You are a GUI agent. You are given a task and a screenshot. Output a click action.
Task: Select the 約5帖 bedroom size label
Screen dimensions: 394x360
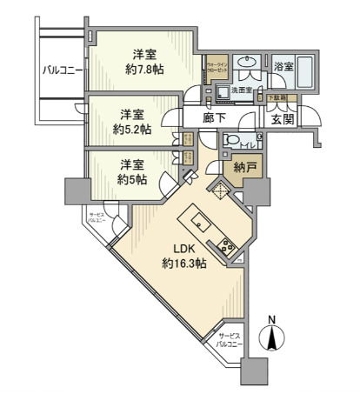(132, 178)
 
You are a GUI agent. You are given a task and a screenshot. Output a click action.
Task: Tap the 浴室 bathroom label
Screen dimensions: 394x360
(283, 66)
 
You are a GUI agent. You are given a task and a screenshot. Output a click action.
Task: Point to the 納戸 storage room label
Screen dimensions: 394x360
(245, 168)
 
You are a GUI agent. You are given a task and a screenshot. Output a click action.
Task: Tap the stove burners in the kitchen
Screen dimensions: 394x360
(229, 248)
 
